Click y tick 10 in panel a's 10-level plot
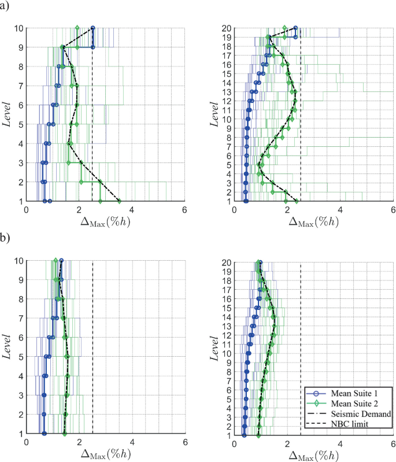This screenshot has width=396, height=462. pyautogui.click(x=19, y=28)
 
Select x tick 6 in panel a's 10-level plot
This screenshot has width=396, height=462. pyautogui.click(x=185, y=210)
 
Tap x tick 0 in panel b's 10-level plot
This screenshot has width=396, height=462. pyautogui.click(x=27, y=442)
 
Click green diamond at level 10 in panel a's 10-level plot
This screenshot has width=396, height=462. pyautogui.click(x=77, y=28)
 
